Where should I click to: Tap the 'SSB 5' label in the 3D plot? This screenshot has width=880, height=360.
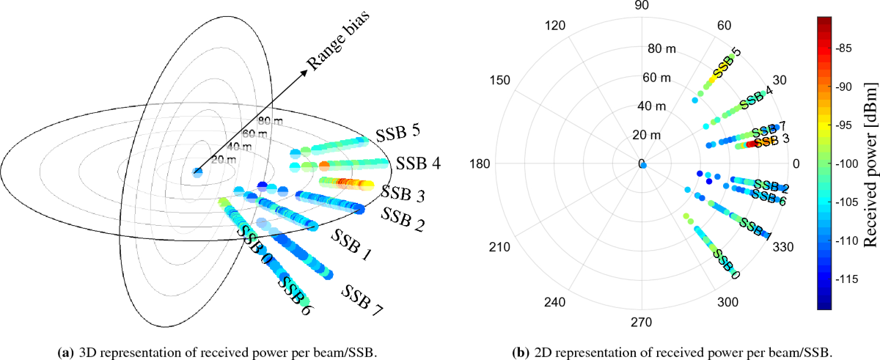[399, 134]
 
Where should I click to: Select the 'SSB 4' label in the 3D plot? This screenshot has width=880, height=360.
[419, 163]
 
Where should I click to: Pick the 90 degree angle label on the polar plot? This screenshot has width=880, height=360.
[642, 7]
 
